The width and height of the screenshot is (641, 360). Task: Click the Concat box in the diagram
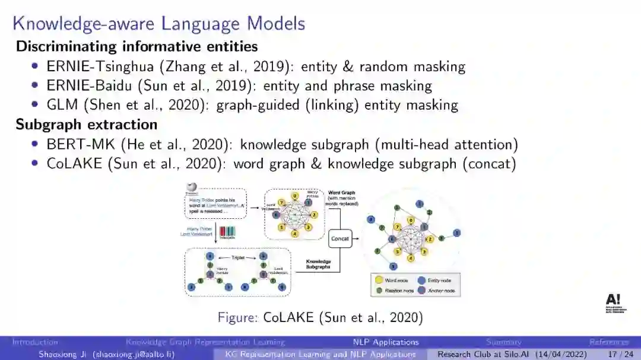[x=340, y=238]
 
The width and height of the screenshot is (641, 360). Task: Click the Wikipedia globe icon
[x=192, y=187]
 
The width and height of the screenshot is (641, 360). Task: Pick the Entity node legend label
[x=439, y=280]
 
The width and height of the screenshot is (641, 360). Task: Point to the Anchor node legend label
[x=442, y=291]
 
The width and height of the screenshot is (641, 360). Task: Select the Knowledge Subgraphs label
[x=318, y=264]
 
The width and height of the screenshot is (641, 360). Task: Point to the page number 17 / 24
[x=621, y=354]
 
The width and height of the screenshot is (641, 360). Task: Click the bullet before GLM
[x=35, y=105]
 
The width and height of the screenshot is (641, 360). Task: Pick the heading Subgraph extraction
[x=87, y=125]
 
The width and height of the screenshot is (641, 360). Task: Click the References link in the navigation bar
[x=609, y=342]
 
